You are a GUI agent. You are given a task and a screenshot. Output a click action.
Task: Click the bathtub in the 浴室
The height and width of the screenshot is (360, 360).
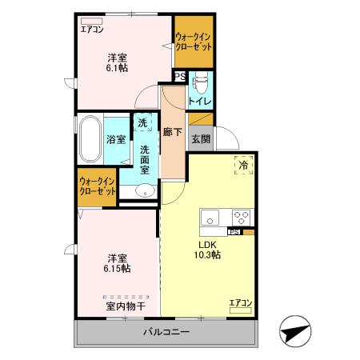point(89,138)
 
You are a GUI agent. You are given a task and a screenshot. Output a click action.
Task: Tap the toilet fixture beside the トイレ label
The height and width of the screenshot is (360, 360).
point(201,82)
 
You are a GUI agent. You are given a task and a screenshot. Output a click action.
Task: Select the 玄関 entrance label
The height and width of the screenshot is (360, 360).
point(200,138)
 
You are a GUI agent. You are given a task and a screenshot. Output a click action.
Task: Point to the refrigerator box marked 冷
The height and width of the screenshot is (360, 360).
point(243,166)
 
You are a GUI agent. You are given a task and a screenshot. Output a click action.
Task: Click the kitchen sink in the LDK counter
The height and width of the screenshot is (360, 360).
point(210,218)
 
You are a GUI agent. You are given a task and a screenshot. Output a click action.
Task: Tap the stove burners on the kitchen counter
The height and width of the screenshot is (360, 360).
point(241,217)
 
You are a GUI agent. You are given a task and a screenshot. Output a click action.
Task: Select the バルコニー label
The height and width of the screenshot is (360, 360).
point(166,332)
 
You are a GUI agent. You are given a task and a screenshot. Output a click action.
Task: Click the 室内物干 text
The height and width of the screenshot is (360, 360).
point(124,306)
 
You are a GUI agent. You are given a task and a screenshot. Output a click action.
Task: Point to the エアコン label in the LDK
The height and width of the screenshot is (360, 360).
point(241,302)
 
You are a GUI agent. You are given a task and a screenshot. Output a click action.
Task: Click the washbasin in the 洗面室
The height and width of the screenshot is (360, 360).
point(144,190)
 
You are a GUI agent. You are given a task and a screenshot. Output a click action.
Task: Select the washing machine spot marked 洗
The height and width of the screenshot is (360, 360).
point(142,124)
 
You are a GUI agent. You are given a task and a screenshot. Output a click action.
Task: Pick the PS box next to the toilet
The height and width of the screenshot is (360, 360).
point(180,77)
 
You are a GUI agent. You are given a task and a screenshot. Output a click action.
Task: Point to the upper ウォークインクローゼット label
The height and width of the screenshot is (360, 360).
point(194,42)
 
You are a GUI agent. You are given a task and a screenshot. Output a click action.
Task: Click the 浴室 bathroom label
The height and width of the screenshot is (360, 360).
point(115,139)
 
